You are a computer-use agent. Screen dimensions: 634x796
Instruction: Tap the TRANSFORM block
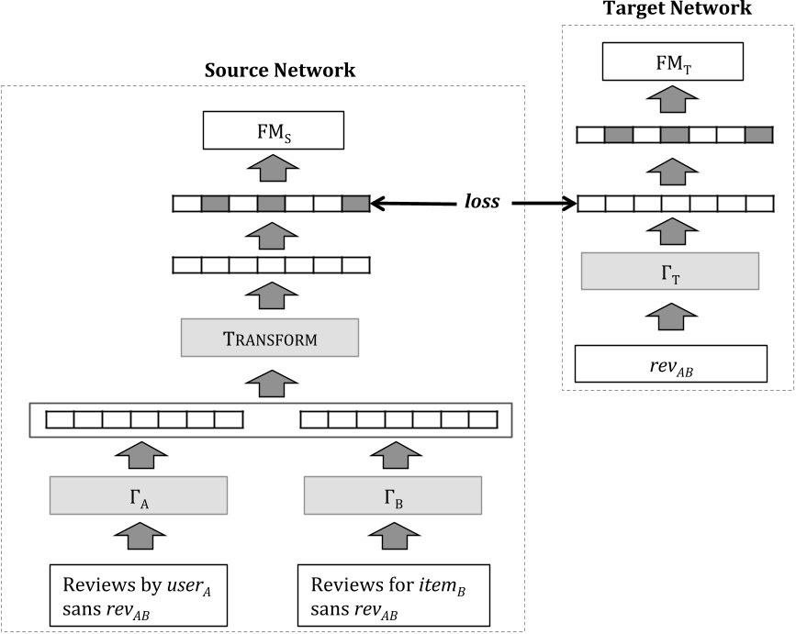pos(270,339)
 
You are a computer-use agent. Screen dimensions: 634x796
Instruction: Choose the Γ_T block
pos(669,270)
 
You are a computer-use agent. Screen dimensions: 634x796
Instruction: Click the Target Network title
pos(677,9)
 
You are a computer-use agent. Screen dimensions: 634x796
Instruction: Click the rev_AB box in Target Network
pos(669,363)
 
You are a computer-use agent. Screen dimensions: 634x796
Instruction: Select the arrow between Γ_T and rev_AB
pos(669,317)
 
